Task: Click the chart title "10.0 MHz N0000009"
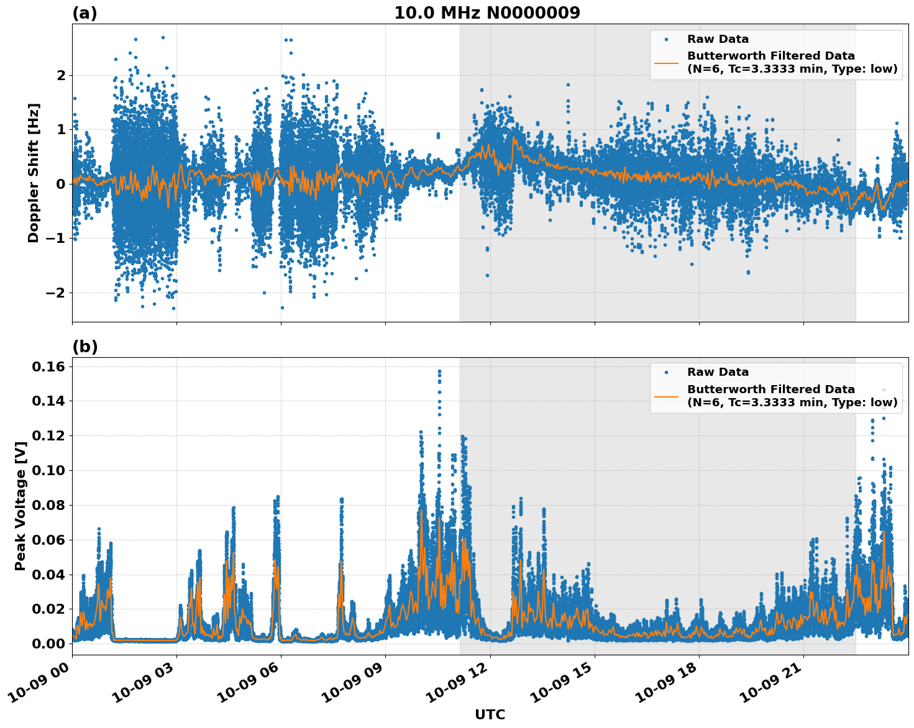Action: [487, 13]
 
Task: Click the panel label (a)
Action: [85, 13]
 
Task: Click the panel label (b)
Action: [85, 347]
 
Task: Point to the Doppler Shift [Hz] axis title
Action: [34, 173]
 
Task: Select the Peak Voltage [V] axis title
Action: [21, 506]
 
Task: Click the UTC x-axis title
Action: [490, 714]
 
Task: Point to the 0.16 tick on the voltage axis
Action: [48, 366]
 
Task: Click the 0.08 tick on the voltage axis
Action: [48, 505]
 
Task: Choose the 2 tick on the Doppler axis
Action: [61, 75]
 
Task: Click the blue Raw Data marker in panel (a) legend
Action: [666, 39]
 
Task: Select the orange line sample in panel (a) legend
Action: [666, 62]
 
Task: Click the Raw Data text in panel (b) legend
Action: [718, 372]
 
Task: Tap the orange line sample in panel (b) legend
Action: [666, 396]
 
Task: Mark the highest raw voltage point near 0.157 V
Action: [439, 371]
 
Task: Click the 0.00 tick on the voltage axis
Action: [48, 644]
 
